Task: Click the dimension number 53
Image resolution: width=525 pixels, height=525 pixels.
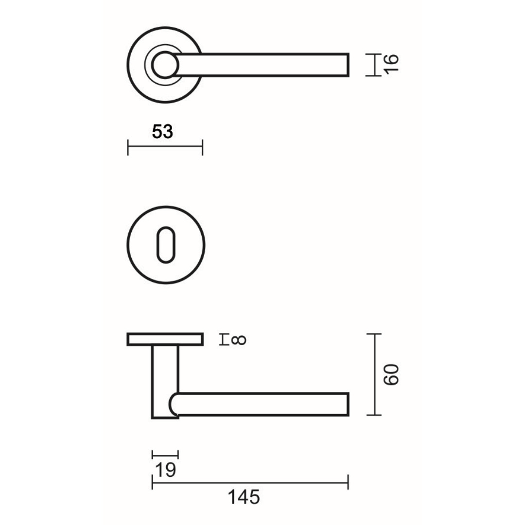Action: (162, 132)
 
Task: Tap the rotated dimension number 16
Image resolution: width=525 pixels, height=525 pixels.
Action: (391, 63)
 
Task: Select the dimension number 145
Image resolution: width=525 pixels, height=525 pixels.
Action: (244, 497)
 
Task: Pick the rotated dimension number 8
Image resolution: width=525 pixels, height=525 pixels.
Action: (238, 340)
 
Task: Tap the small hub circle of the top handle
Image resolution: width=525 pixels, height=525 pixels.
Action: (164, 65)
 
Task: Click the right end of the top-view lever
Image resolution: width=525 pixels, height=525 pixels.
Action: (349, 65)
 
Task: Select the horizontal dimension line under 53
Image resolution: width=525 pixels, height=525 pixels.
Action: (165, 147)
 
